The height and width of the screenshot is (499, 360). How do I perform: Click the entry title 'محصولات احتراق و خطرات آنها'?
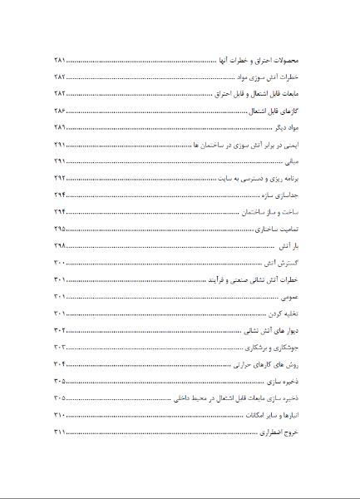coord(261,61)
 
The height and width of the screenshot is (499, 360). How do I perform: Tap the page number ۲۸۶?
coord(59,111)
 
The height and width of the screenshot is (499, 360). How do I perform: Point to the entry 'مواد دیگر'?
coord(286,128)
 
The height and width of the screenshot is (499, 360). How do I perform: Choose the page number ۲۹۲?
coord(59,178)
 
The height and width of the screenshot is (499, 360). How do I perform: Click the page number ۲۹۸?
coord(59,246)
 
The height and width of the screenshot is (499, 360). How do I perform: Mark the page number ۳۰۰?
coord(59,263)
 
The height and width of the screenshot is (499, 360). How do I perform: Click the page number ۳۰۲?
coord(59,330)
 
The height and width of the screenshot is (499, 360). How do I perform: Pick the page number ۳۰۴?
coord(59,363)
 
